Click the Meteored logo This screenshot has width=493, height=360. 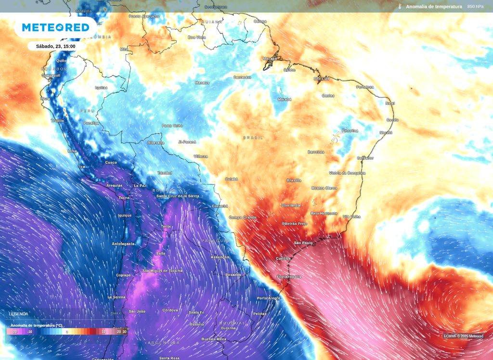pos(55,27)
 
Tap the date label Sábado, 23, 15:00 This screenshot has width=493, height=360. pos(55,46)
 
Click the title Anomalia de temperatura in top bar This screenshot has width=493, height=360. pos(434,7)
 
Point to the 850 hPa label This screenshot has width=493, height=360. pos(475,7)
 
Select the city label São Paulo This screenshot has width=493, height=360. pos(303,243)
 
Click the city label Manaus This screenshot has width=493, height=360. pos(202,83)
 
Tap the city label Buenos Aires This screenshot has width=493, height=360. pos(214,339)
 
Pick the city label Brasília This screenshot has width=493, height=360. pos(294,180)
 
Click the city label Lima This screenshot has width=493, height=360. pos(72,151)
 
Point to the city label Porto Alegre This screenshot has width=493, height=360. pos(268,298)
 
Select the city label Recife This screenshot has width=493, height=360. pos(392,120)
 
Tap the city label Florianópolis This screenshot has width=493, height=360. pos(289,277)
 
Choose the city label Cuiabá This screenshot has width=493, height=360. pos(231,179)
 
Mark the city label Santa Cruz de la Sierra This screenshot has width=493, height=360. pos(177,196)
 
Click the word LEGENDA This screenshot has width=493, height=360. pos(19,314)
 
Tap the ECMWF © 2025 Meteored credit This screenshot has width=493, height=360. pos(464,336)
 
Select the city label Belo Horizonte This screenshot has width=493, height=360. pos(324,213)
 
